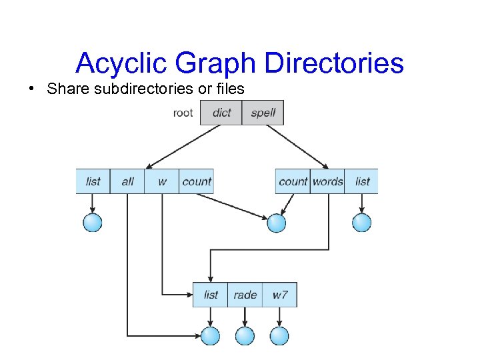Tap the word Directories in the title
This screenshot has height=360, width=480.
(x=335, y=63)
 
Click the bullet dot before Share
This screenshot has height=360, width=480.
(x=32, y=89)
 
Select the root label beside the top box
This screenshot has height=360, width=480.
(x=183, y=113)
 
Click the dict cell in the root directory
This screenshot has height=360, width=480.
(x=221, y=113)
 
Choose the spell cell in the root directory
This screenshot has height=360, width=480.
(x=263, y=113)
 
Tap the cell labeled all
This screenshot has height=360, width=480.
(x=128, y=181)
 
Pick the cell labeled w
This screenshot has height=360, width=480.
(x=162, y=181)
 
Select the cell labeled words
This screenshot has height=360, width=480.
(x=327, y=181)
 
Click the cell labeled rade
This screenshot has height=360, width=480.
(x=245, y=295)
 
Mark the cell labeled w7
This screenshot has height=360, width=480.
(x=280, y=295)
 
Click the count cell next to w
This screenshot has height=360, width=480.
(x=197, y=181)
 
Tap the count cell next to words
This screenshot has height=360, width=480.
(x=293, y=181)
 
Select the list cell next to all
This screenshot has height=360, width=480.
(x=93, y=181)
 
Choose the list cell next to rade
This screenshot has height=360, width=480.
(x=211, y=295)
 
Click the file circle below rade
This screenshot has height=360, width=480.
(x=245, y=336)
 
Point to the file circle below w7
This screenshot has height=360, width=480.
(x=280, y=336)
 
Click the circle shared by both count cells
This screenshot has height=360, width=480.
(x=276, y=223)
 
